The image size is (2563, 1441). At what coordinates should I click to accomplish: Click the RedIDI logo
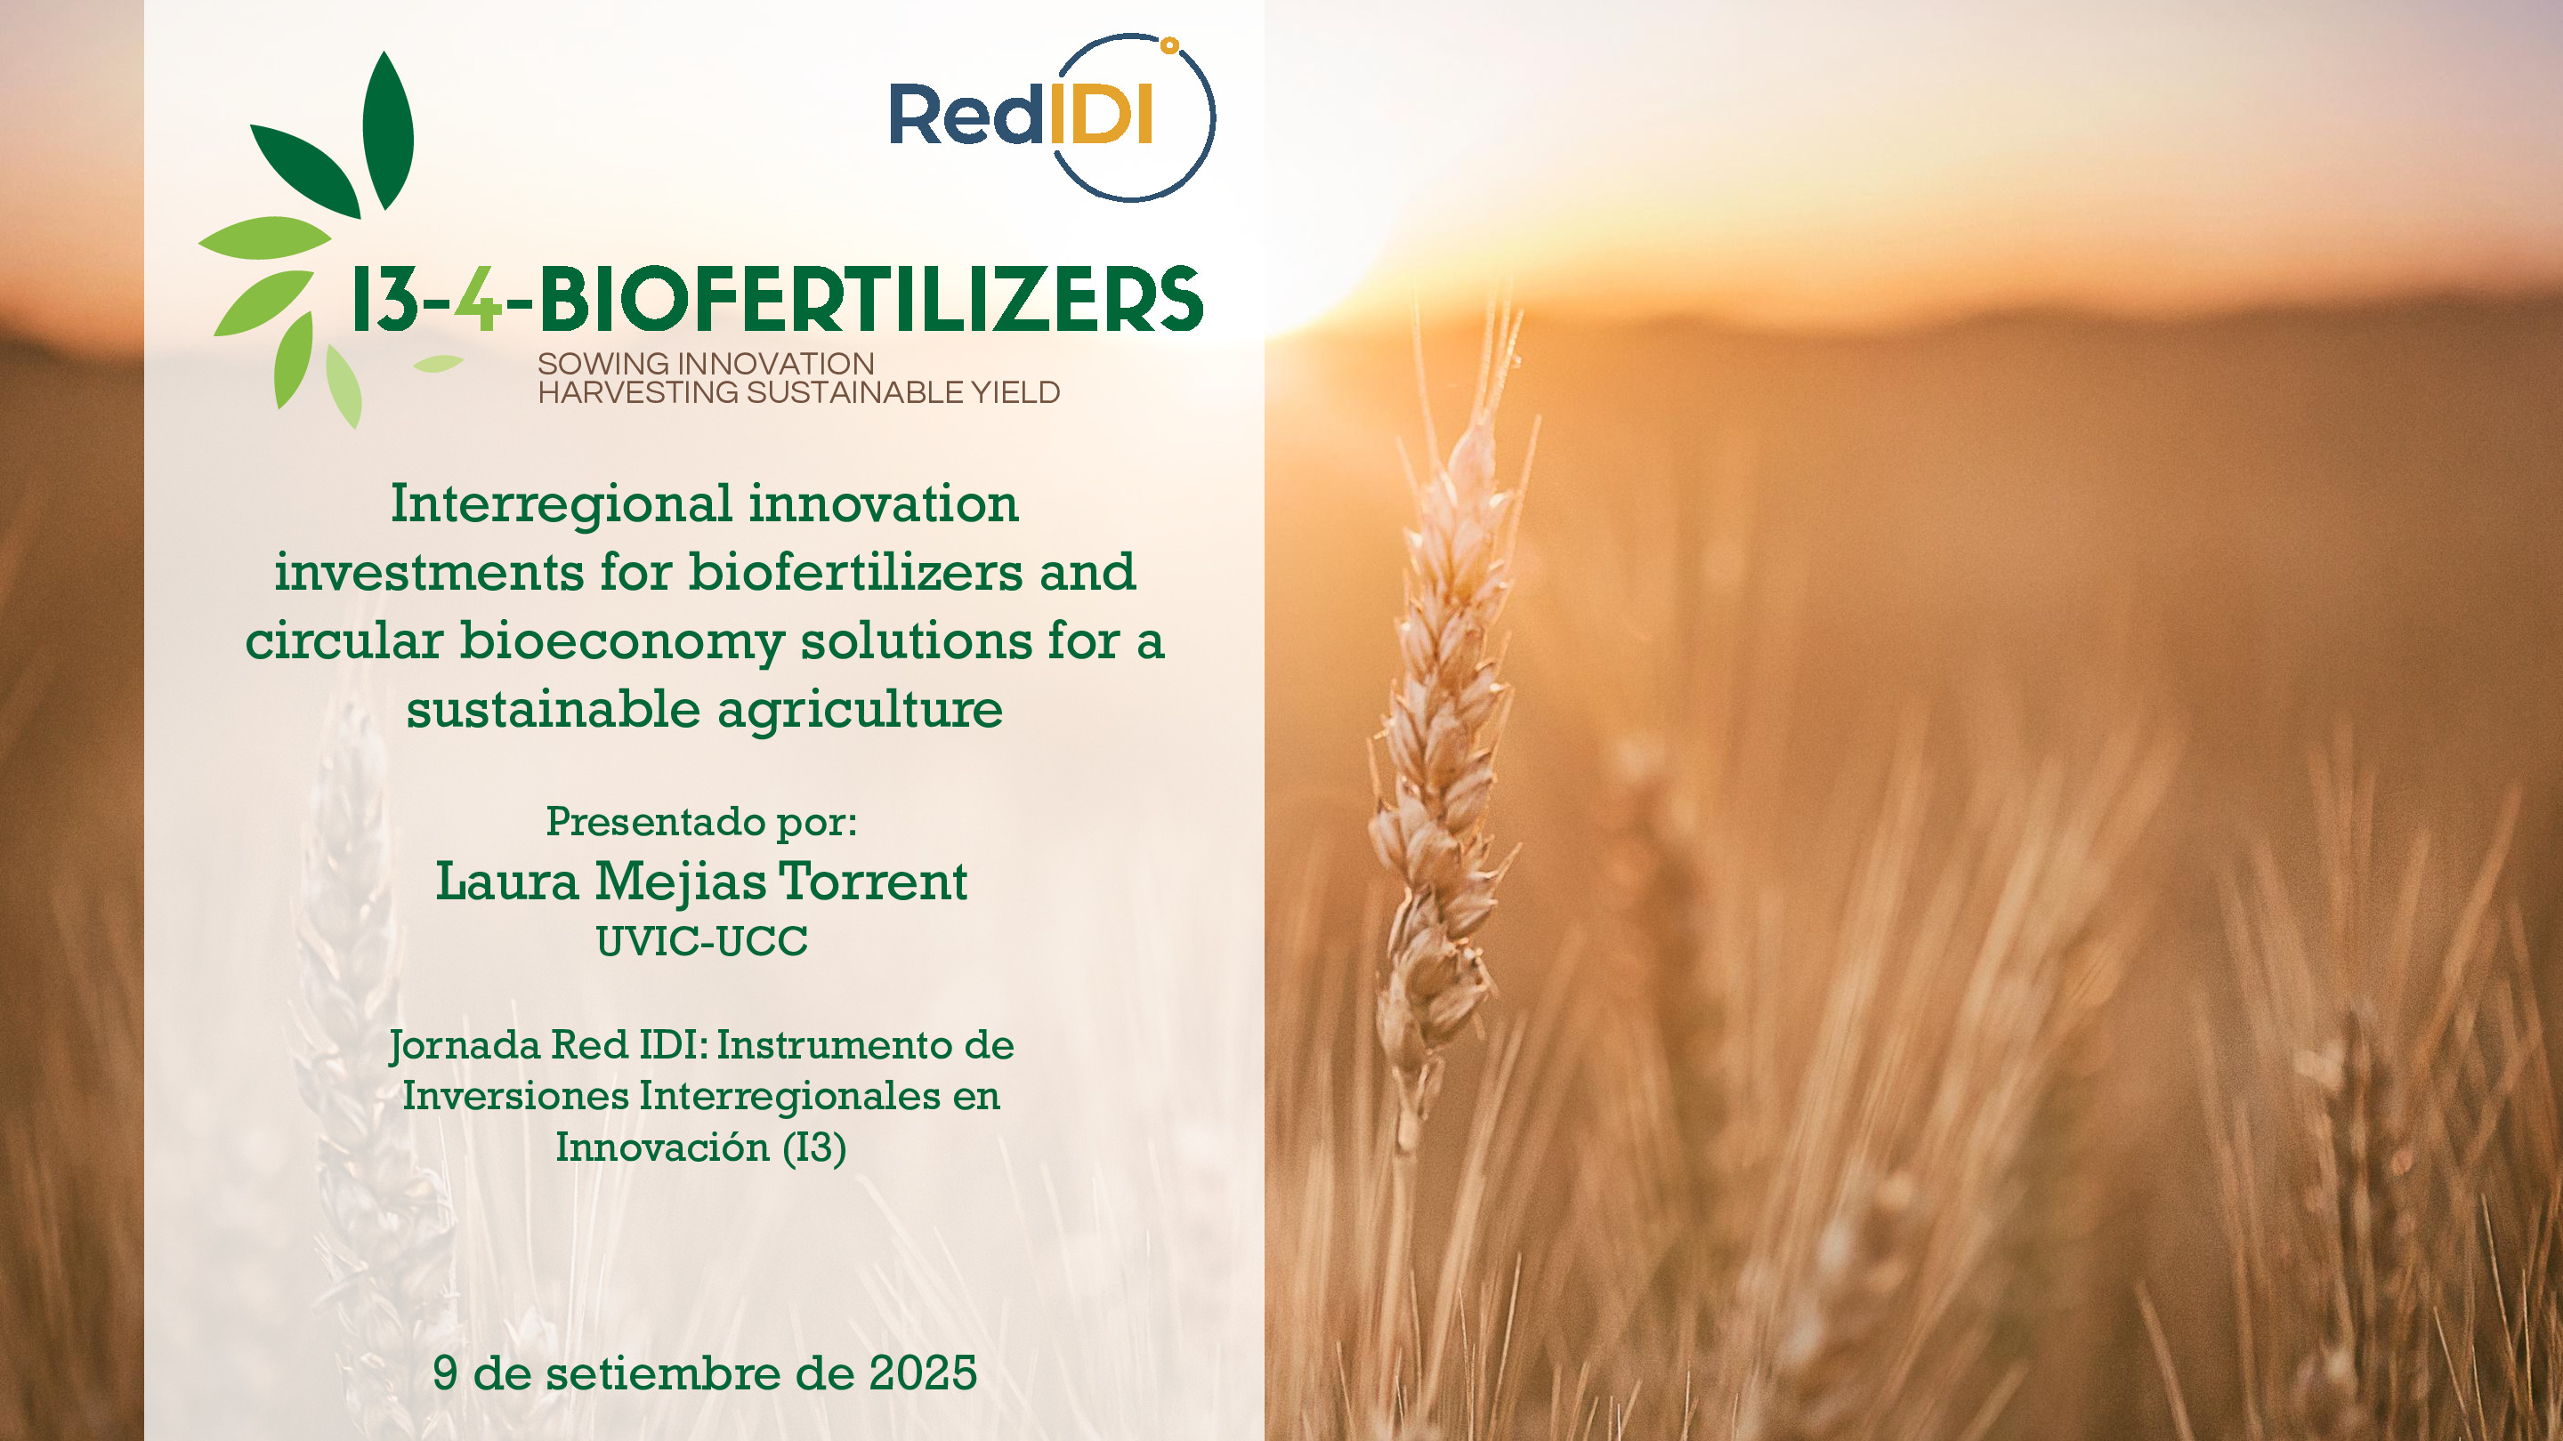coord(1051,117)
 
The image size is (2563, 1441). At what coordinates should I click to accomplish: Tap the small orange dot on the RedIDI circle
coord(1170,44)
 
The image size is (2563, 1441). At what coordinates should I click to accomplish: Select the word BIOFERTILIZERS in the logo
coord(870,300)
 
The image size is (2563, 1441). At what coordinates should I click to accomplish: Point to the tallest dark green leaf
coord(387,129)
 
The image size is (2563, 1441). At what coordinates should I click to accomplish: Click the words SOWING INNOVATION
coord(706,364)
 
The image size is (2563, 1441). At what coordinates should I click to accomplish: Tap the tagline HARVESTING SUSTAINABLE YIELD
coord(798,393)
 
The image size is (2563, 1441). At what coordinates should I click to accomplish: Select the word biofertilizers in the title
coord(855,573)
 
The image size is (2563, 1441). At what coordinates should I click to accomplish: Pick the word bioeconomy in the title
coord(622,641)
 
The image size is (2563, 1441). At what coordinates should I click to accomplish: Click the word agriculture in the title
coord(860,710)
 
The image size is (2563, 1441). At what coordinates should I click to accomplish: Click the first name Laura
coord(506,882)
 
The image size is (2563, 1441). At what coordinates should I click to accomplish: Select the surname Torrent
coord(872,882)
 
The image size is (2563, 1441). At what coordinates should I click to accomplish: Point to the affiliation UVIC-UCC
coord(701,942)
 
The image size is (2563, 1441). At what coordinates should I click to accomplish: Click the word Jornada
coord(465,1046)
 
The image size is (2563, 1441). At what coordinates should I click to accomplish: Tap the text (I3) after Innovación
coord(814,1147)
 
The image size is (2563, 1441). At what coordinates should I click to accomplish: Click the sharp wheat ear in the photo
coord(1443,756)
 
